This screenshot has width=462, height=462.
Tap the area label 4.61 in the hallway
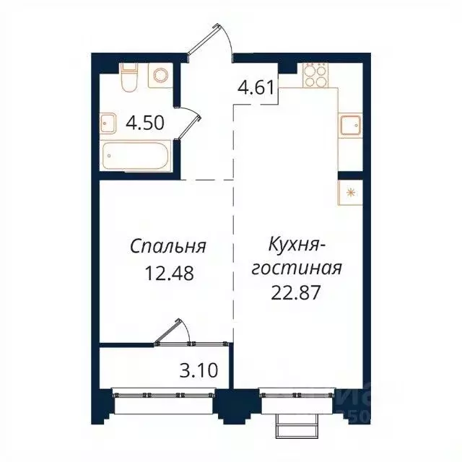click(256, 90)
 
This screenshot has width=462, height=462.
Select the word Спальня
click(168, 246)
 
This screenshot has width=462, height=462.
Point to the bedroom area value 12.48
click(168, 274)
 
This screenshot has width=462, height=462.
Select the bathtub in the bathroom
click(138, 154)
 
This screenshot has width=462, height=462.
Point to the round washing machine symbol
click(160, 77)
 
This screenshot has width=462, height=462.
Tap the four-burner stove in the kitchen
click(315, 75)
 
